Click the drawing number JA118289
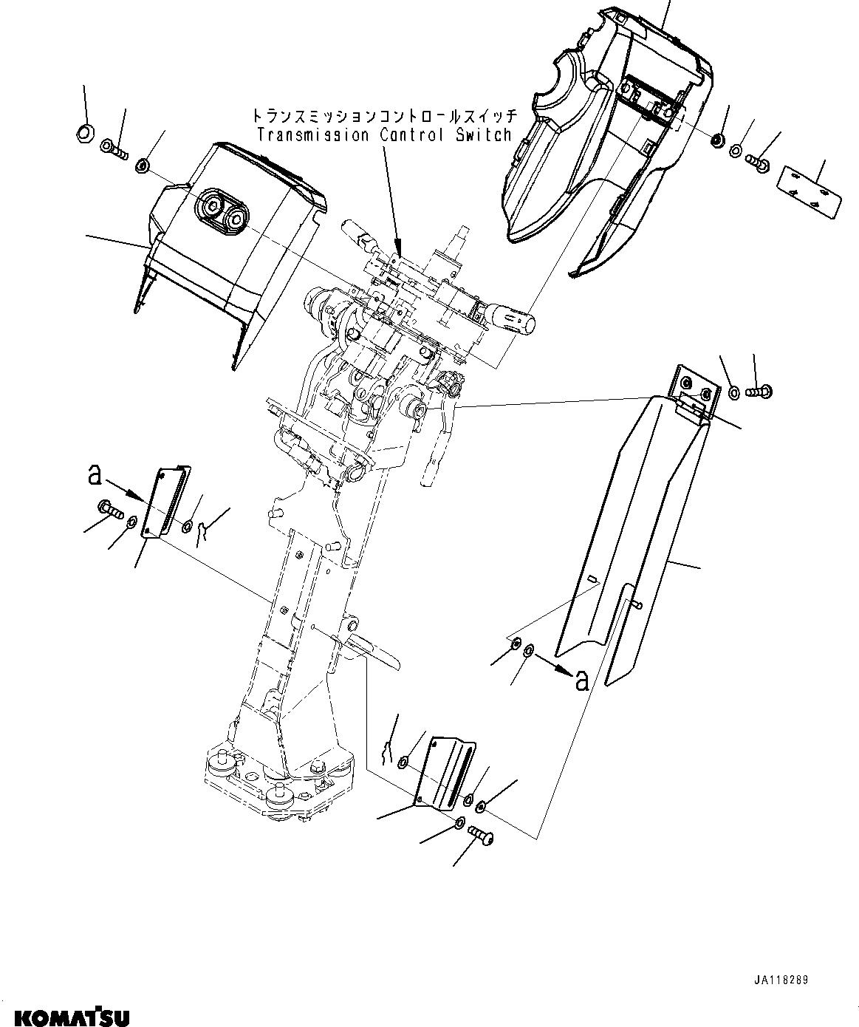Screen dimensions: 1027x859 point(781,980)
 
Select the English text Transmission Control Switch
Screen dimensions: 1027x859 point(383,135)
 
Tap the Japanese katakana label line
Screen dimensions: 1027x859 point(381,116)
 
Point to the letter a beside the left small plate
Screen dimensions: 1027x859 point(95,474)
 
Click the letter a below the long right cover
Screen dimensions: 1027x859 point(582,680)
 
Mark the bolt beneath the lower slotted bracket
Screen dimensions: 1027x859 point(482,836)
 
